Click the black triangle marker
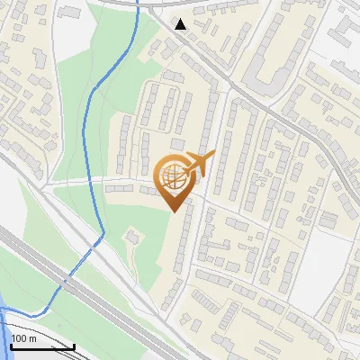click(x=181, y=24)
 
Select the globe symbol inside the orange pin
click(x=175, y=178)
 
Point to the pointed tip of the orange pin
click(x=174, y=212)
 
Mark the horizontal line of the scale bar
click(x=41, y=346)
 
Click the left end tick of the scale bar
click(x=10, y=345)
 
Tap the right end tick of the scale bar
click(x=74, y=345)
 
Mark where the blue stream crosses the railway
click(x=65, y=280)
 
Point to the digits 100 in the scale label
click(x=19, y=338)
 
